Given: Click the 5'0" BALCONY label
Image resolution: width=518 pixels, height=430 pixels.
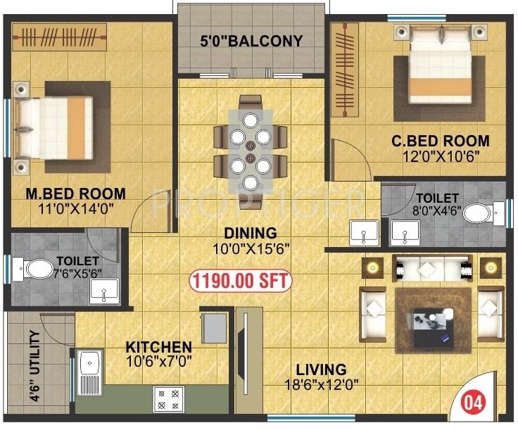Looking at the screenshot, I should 252,41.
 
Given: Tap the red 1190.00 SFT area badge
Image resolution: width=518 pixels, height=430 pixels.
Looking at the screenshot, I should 239,281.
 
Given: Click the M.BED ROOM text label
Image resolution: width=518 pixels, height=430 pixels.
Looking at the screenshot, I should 76,194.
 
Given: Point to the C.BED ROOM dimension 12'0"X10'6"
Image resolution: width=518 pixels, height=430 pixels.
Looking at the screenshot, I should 440,156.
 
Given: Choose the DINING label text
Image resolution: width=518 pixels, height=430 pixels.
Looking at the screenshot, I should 251,233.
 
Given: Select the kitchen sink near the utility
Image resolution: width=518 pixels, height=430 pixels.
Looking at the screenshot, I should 90,373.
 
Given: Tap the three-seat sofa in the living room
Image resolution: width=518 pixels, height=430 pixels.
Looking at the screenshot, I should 428,270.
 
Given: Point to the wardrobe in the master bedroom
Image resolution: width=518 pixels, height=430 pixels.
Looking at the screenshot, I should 59,34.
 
